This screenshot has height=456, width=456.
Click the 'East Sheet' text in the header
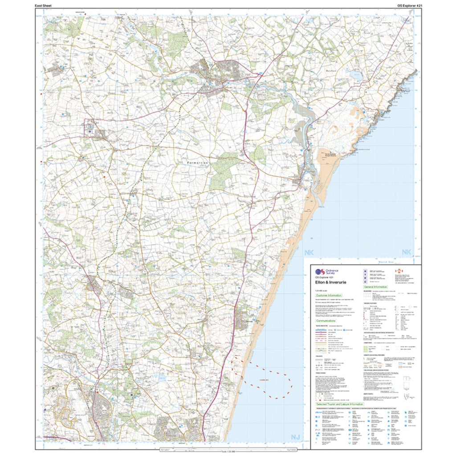click(x=45, y=5)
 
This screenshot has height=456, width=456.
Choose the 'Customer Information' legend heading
click(x=329, y=295)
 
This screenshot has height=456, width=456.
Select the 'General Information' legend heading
click(x=376, y=287)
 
